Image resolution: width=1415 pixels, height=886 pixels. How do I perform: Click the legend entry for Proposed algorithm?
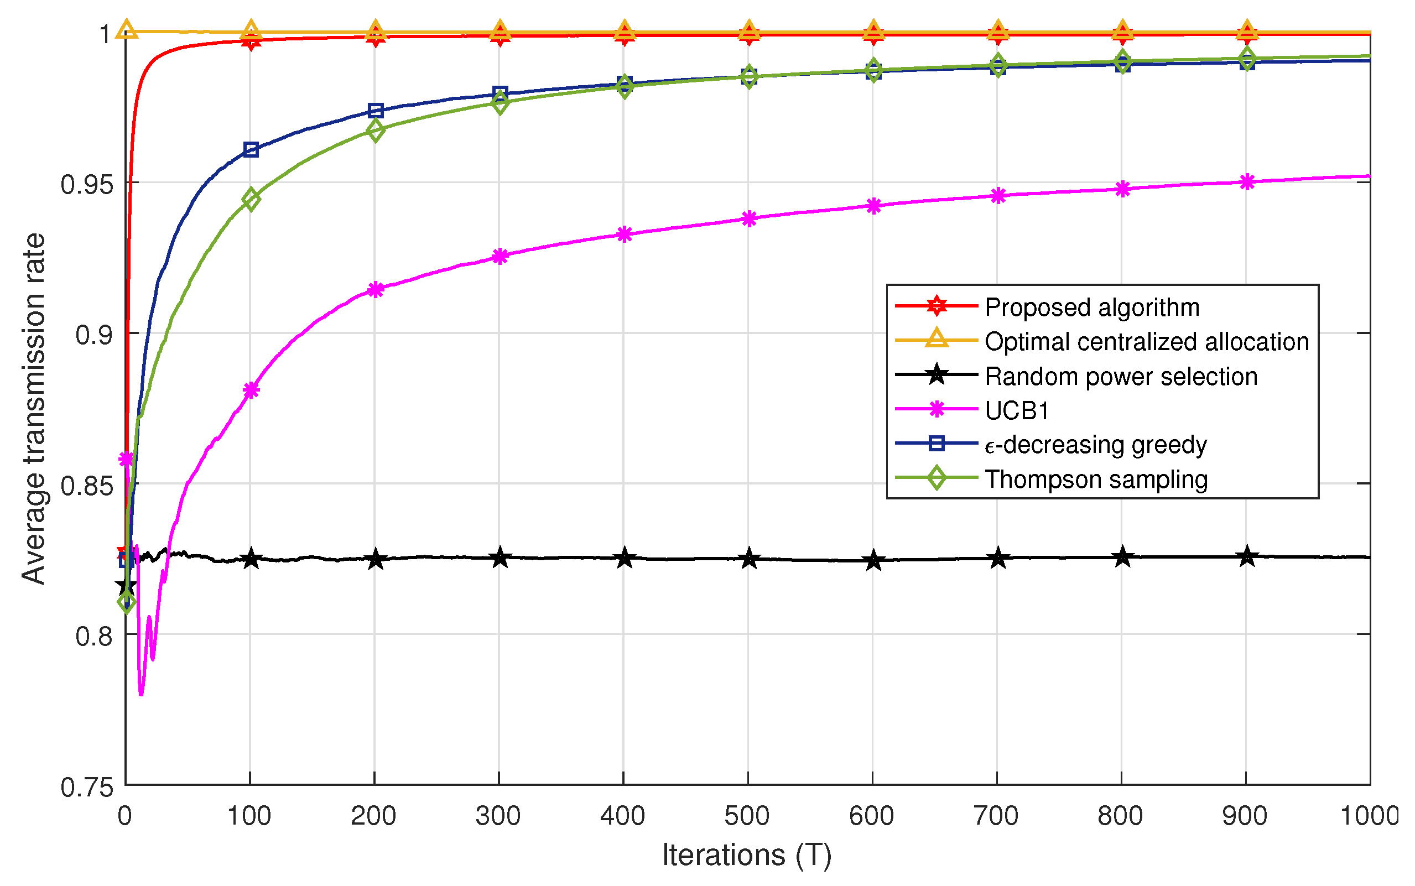[x=1091, y=307]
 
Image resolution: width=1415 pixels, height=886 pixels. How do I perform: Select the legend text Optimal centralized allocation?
[x=1146, y=342]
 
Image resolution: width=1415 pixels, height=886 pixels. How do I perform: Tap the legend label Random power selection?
[x=1121, y=376]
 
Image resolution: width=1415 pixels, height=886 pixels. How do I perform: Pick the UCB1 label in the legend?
[x=1017, y=411]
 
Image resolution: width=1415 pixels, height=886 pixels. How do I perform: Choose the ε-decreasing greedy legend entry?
[x=1095, y=445]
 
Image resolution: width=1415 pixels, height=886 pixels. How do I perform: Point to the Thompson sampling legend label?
[x=1096, y=480]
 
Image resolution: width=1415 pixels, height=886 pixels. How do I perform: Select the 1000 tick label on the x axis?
[x=1369, y=816]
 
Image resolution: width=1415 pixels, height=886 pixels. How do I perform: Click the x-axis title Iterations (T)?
[x=747, y=855]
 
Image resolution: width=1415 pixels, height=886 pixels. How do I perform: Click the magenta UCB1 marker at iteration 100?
[x=251, y=390]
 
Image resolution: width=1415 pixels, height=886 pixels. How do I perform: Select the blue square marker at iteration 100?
[x=251, y=149]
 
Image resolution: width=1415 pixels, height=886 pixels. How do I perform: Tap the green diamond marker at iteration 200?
[x=376, y=130]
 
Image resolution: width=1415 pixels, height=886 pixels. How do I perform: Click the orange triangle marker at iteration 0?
[x=127, y=29]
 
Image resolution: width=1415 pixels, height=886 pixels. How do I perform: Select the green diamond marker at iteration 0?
[x=126, y=602]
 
